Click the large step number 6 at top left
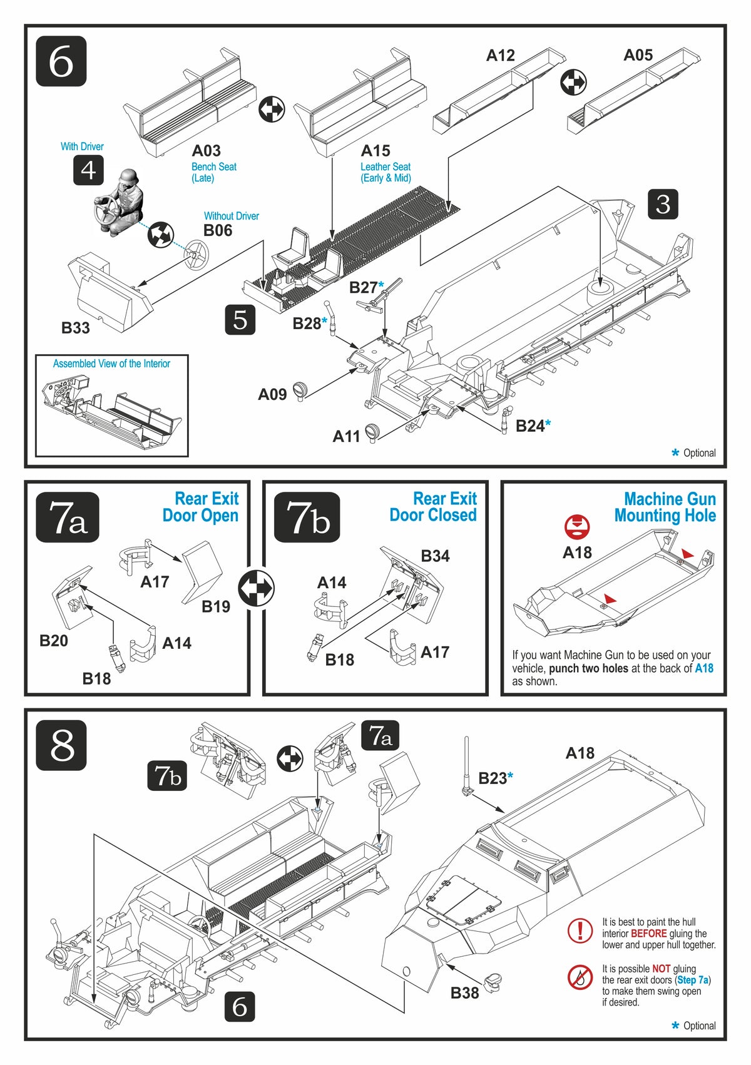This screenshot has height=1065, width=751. (x=61, y=61)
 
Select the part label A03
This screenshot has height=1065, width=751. (x=206, y=151)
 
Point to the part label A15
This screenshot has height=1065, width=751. (x=375, y=151)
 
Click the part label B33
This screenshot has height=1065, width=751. (x=75, y=328)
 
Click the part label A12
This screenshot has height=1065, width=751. (x=501, y=56)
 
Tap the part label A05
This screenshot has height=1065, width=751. (x=638, y=56)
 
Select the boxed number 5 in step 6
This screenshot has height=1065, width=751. (x=240, y=320)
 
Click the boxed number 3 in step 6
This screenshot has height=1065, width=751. (x=663, y=204)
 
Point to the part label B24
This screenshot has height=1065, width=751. (x=529, y=426)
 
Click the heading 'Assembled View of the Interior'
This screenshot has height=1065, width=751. (x=111, y=364)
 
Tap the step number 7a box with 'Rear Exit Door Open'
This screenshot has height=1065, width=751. (x=68, y=517)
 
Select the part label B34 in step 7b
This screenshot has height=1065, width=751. (x=435, y=556)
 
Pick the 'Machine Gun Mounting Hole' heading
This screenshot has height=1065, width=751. (x=666, y=507)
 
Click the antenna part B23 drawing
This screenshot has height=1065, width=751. (x=466, y=765)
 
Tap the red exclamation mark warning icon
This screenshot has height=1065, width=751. (x=580, y=930)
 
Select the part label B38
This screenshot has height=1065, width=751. (x=464, y=993)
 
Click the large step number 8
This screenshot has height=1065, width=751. (x=61, y=746)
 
